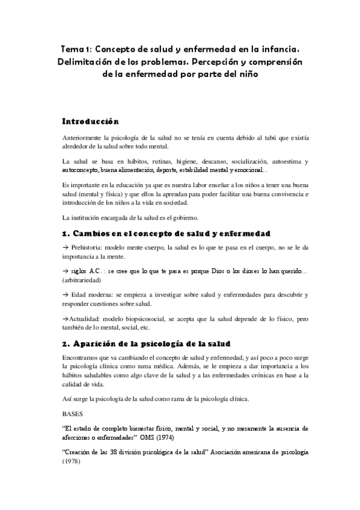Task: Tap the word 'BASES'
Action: point(74,414)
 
